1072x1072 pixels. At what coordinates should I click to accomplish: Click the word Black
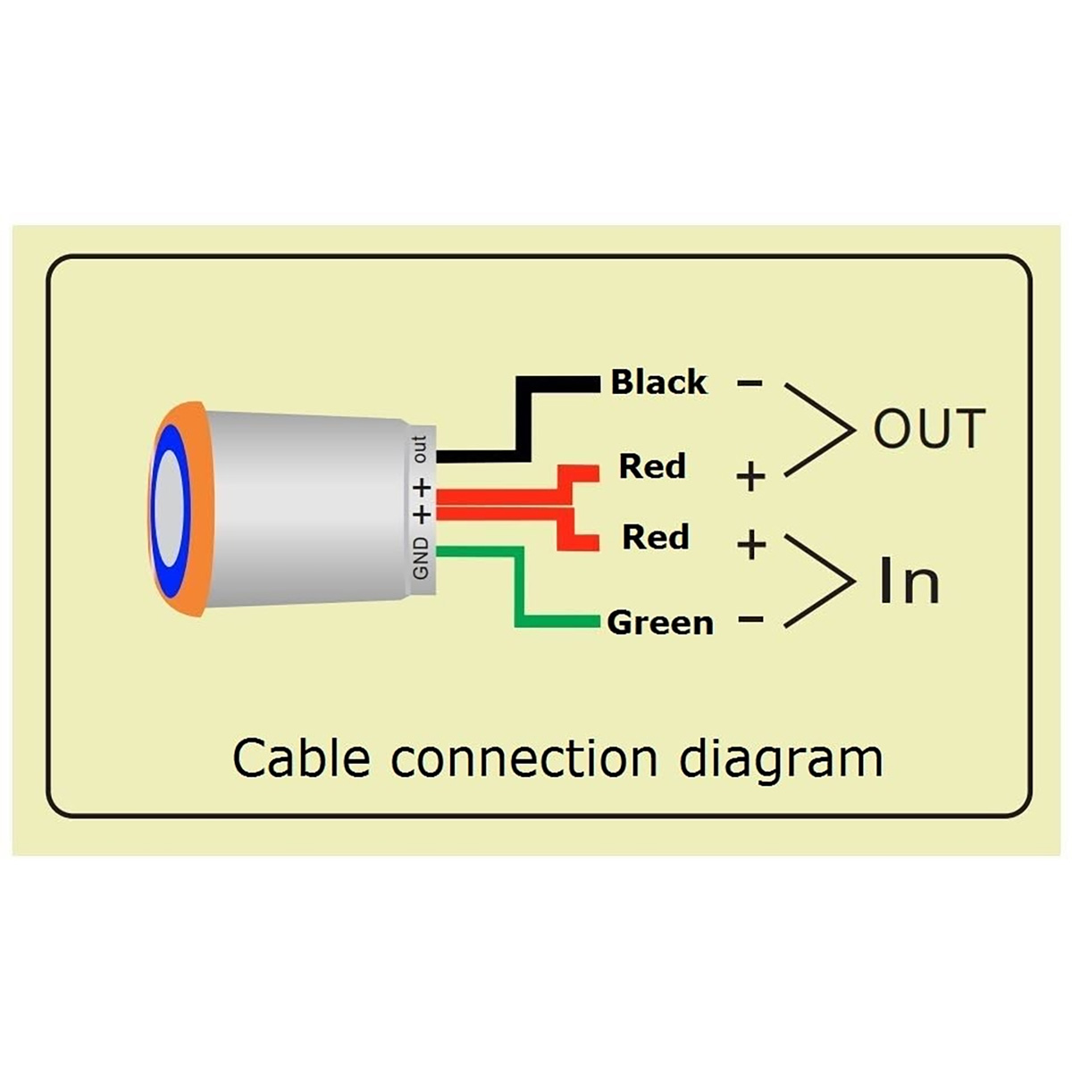658,382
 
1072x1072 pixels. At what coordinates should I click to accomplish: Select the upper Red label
652,466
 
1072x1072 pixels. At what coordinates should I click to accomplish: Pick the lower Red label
656,537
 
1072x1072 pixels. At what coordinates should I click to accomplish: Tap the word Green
660,623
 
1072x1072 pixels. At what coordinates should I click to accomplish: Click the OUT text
929,429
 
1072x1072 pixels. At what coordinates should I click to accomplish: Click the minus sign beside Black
750,383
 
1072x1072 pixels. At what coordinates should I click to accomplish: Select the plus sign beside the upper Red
751,477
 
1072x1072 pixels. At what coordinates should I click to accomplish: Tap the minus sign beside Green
751,619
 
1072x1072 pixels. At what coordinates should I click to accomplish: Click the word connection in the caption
524,758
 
